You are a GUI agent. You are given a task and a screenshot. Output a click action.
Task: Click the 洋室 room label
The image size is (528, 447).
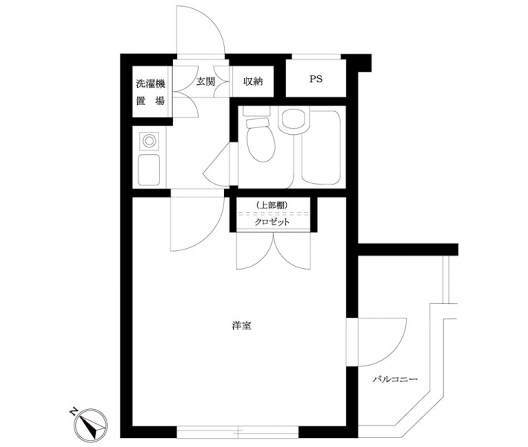[242, 326]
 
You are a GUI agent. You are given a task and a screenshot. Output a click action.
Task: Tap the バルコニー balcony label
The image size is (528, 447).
[395, 380]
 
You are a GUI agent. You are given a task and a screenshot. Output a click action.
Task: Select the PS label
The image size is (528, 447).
[316, 79]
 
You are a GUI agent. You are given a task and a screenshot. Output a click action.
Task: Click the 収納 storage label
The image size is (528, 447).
[253, 81]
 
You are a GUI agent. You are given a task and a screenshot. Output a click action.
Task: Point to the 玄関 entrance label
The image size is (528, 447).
[206, 81]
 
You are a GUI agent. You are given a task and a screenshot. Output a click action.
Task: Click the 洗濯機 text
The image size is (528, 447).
[150, 84]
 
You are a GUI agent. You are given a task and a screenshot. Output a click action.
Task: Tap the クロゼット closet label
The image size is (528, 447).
[272, 222]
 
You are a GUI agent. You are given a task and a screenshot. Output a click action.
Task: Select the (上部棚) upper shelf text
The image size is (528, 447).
[271, 205]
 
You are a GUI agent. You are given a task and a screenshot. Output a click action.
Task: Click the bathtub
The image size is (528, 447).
[322, 148]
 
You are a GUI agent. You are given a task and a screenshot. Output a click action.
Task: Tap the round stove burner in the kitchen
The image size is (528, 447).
[149, 141]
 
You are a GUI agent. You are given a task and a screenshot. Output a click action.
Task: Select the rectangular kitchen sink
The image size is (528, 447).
[149, 169]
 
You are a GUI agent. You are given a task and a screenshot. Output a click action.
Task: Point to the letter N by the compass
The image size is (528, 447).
[73, 412]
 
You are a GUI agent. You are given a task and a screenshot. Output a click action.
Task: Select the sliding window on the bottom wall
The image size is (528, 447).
[238, 432]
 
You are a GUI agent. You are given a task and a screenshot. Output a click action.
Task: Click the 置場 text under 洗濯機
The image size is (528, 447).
[150, 101]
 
